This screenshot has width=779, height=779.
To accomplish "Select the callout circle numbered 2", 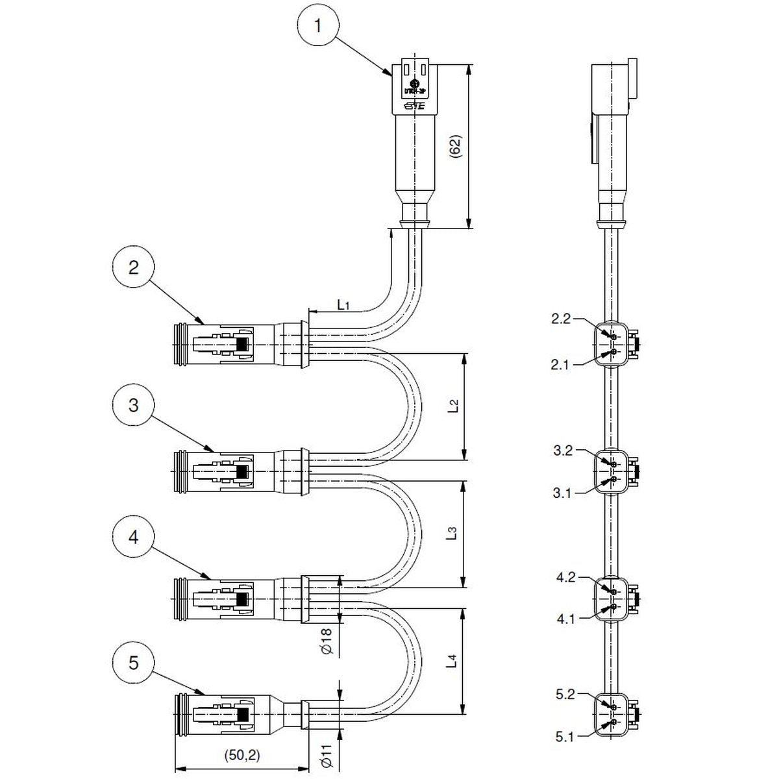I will tap(133, 267).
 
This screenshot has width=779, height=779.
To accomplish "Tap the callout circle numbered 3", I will tap(133, 406).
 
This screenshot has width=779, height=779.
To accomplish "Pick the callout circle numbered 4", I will tap(133, 537).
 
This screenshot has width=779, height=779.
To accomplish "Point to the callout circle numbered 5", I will tap(133, 663).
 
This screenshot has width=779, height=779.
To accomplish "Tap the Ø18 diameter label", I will tap(327, 640).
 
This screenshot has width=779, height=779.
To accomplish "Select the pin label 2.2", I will tap(561, 319).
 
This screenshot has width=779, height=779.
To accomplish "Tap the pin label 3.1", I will tap(562, 494).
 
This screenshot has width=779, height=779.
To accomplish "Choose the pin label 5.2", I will tap(565, 695).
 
